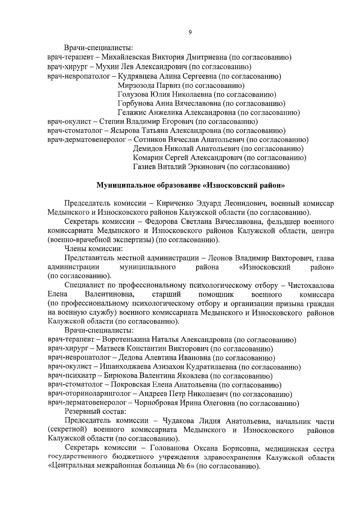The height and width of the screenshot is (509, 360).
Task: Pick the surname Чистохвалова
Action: click(311, 285)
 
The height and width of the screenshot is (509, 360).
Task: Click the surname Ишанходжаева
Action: click(126, 367)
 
